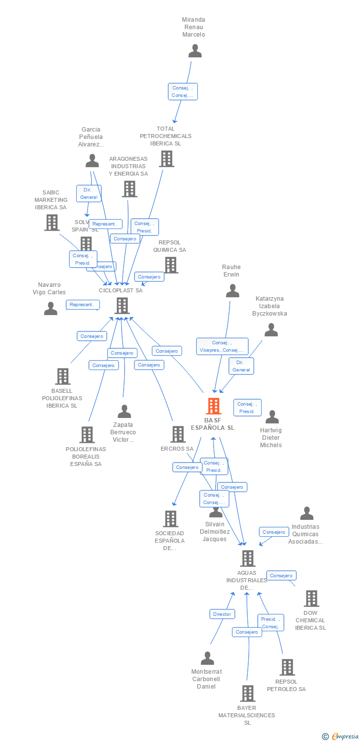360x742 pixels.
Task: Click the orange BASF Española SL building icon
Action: (x=213, y=406)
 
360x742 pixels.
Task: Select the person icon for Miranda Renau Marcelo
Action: (x=195, y=51)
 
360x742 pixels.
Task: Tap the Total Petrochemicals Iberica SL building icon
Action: (x=167, y=159)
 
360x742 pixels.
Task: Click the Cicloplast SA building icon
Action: (x=122, y=306)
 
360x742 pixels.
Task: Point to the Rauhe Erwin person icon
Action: (x=232, y=291)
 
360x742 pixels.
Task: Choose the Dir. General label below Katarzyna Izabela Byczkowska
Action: (x=241, y=366)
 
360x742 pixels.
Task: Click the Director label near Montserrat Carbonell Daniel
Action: (x=222, y=614)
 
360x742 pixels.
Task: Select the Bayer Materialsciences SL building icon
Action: (x=248, y=694)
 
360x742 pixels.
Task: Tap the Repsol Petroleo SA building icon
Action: (x=287, y=667)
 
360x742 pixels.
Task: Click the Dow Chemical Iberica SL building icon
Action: (x=311, y=599)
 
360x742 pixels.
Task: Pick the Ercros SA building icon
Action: (x=178, y=434)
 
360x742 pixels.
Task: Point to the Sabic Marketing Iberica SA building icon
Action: (x=52, y=223)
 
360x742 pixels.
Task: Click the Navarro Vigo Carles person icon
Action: (x=50, y=309)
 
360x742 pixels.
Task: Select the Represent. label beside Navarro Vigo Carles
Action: (x=83, y=305)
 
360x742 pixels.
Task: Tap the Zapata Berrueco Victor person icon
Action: (x=124, y=412)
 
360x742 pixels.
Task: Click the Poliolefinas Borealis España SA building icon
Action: (x=87, y=435)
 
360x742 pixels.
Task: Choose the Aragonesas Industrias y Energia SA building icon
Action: (x=129, y=189)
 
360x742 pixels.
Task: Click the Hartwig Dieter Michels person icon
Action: (x=272, y=417)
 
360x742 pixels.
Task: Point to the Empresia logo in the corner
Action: (x=341, y=737)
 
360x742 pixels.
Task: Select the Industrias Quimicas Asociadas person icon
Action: (x=307, y=513)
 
